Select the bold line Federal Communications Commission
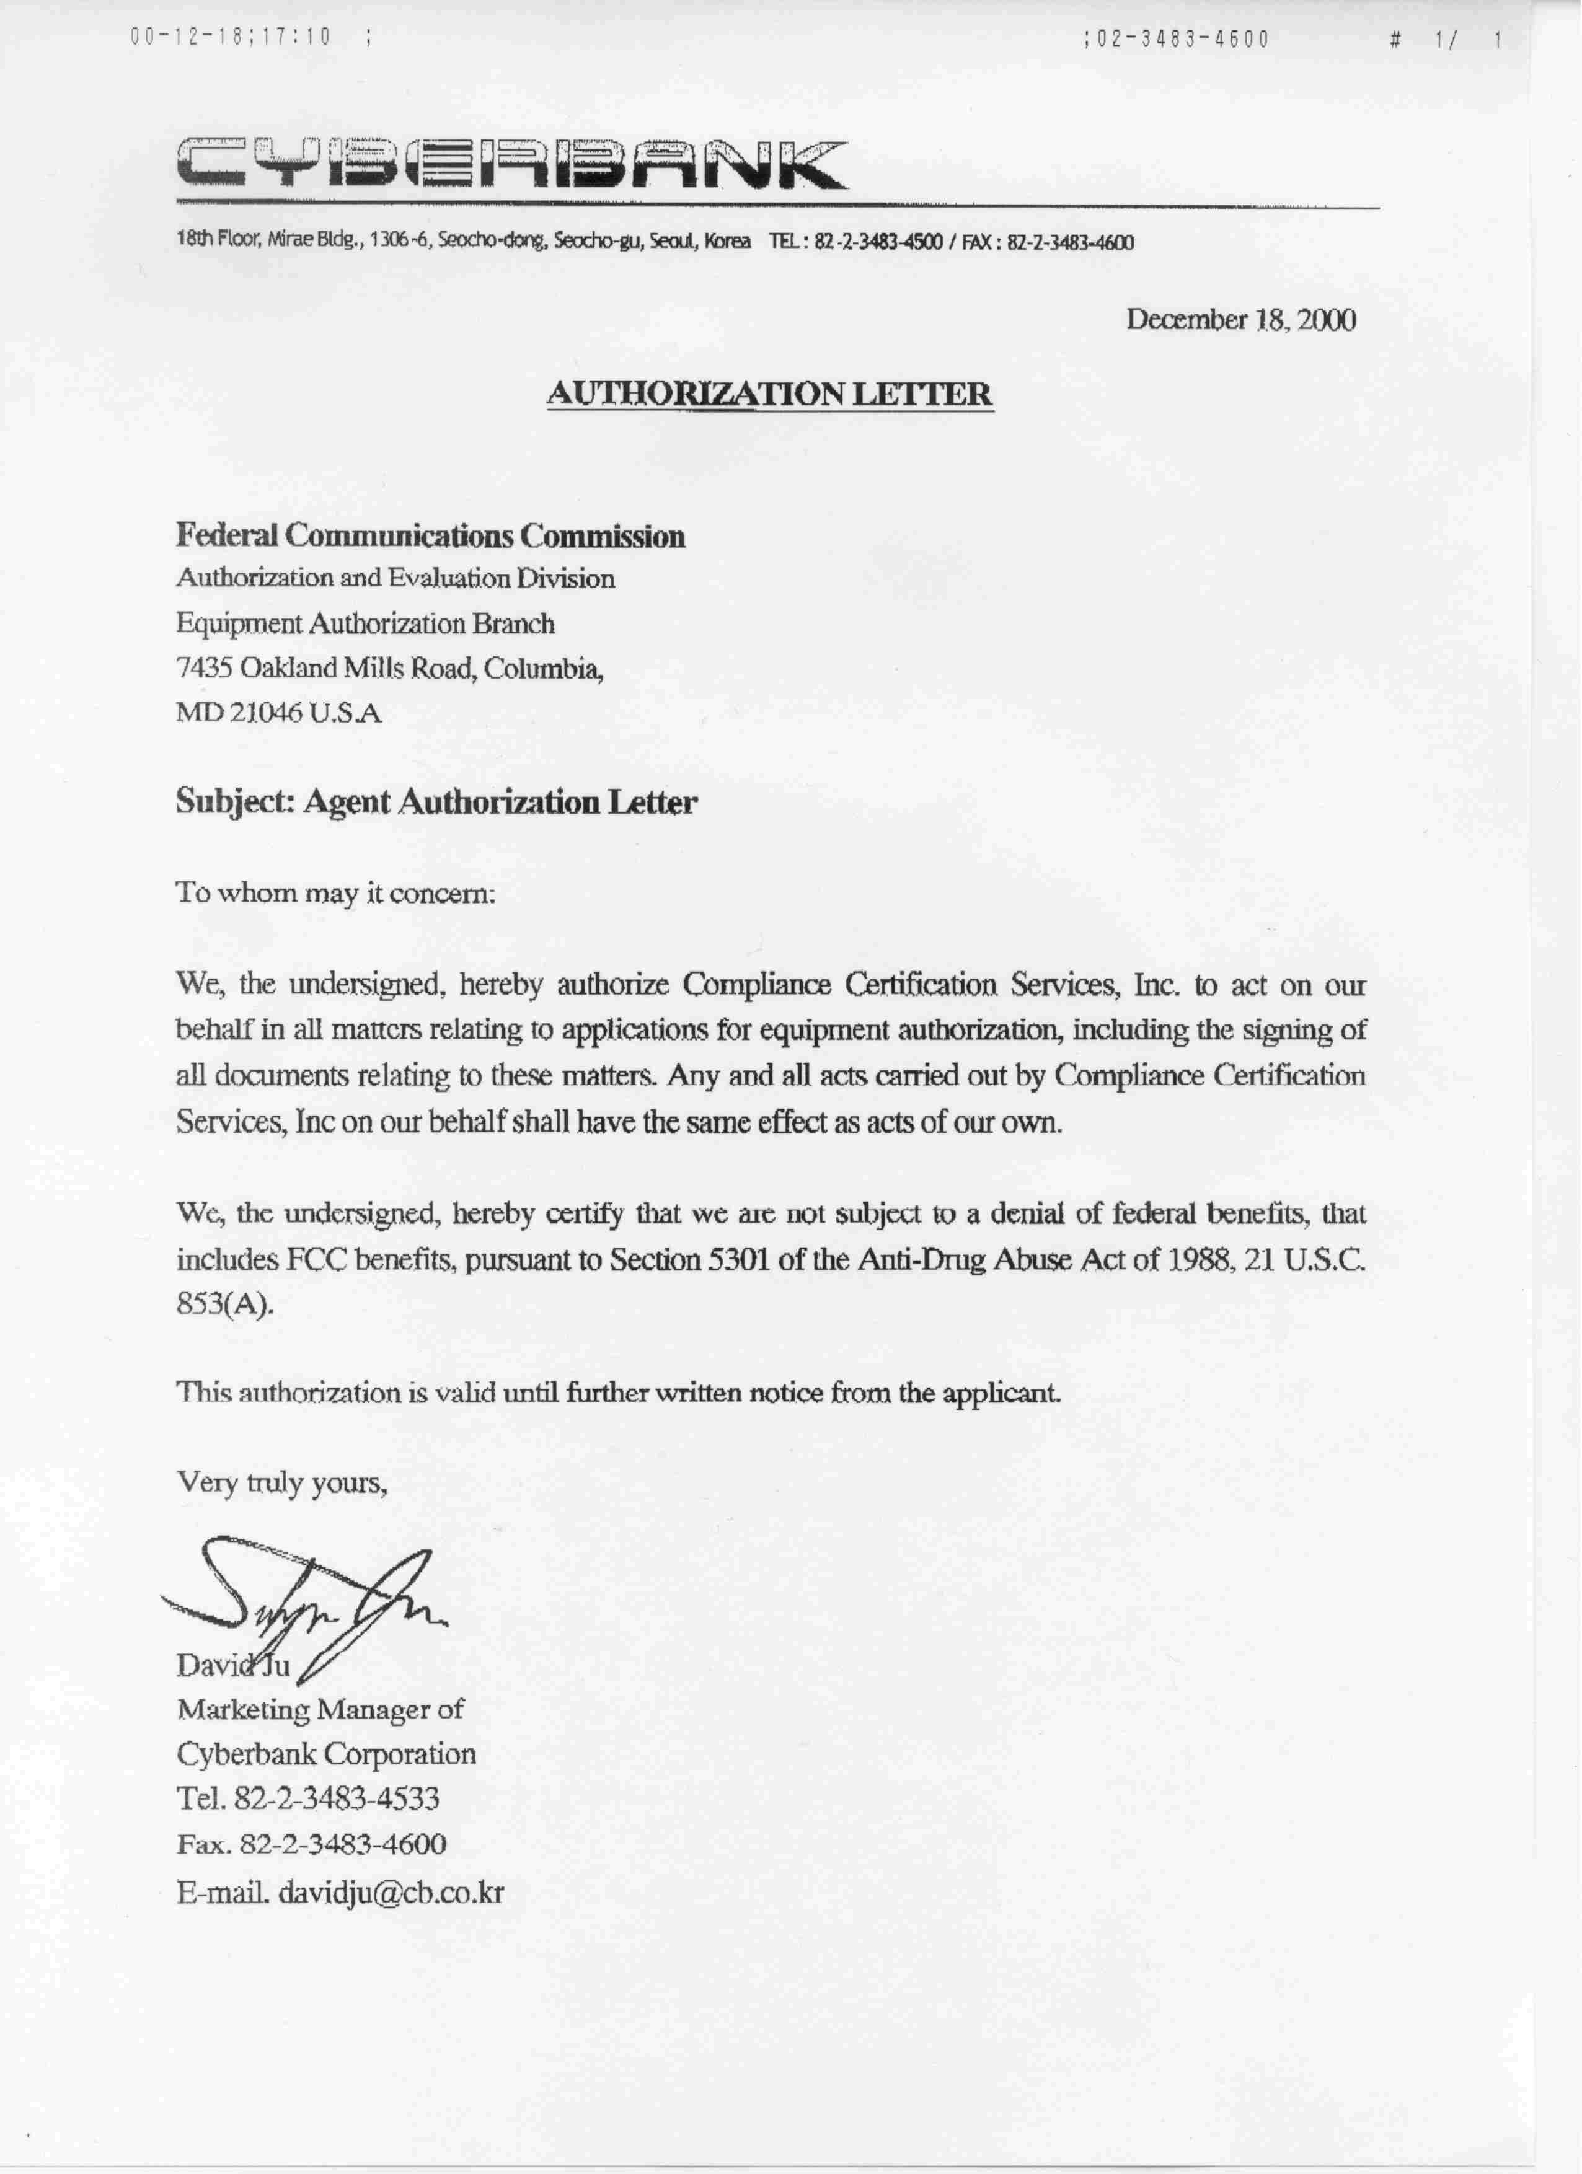point(430,536)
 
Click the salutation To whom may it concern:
point(335,894)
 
